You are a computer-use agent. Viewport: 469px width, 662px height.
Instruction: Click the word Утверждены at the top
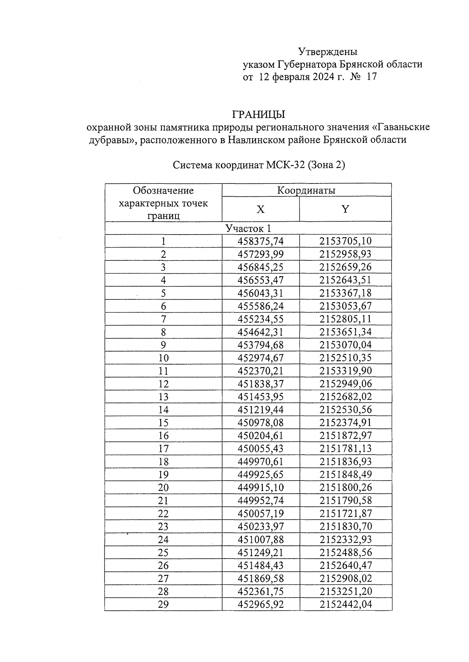click(x=328, y=52)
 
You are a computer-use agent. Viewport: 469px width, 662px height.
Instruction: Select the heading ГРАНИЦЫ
click(x=259, y=114)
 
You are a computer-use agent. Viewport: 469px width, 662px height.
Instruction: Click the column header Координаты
click(x=306, y=190)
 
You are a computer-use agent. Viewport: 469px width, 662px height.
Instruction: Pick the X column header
click(x=260, y=209)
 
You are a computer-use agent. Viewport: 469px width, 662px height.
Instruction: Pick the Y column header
click(x=345, y=209)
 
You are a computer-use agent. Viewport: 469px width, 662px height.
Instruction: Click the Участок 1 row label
click(x=248, y=228)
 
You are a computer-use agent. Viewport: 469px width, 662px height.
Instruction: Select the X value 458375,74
click(x=260, y=241)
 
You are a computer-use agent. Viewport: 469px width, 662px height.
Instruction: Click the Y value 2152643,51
click(x=345, y=280)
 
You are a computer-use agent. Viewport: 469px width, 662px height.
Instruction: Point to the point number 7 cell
click(x=163, y=319)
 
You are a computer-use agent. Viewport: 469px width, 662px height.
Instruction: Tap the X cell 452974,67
click(x=260, y=358)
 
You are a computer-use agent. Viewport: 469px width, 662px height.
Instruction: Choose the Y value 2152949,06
click(x=345, y=384)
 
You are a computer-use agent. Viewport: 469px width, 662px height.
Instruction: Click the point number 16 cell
click(x=163, y=436)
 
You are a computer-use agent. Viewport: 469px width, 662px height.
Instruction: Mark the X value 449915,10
click(x=260, y=488)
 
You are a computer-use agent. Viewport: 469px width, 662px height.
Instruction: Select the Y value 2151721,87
click(x=345, y=513)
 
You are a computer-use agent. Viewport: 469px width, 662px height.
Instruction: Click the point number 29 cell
click(x=163, y=604)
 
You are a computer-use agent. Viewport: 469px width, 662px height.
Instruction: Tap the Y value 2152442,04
click(x=345, y=604)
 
